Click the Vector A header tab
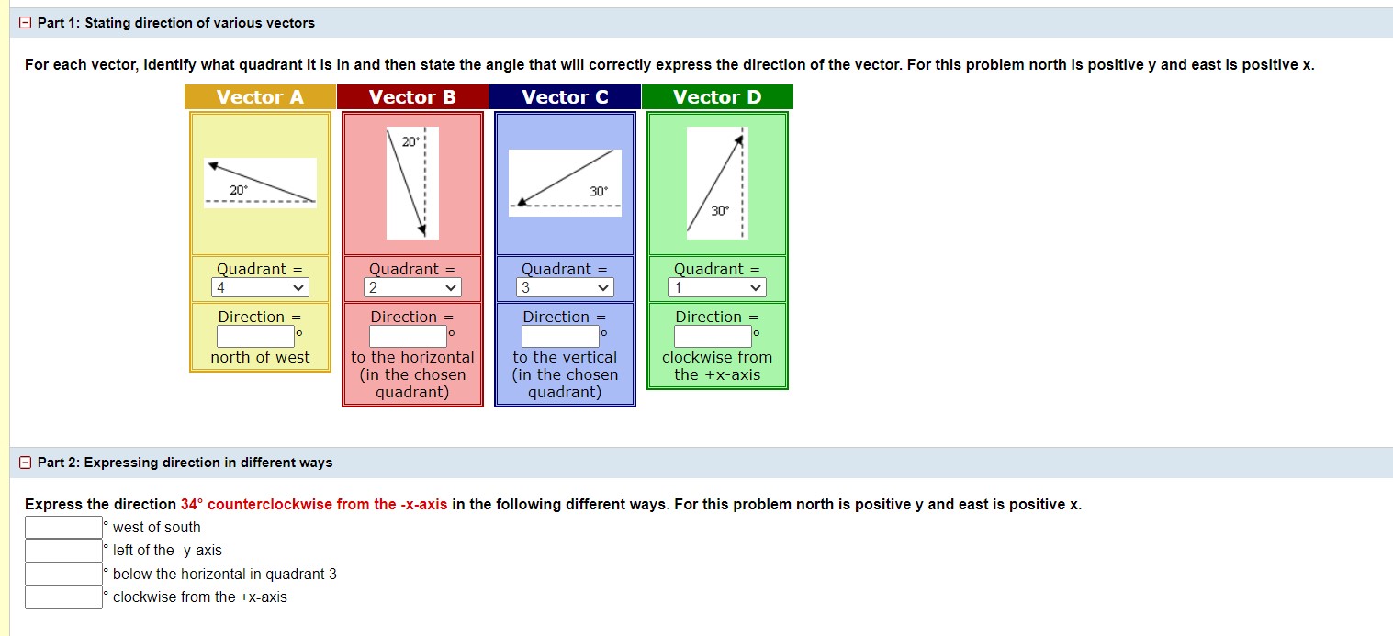(x=260, y=97)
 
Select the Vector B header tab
(x=412, y=97)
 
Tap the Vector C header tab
(x=565, y=97)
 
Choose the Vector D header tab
(x=717, y=97)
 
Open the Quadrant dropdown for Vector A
(x=260, y=288)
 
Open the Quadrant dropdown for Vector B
(x=412, y=288)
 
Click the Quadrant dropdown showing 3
(x=565, y=288)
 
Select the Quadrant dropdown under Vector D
(x=717, y=288)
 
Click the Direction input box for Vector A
(x=255, y=337)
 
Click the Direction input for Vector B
(x=408, y=337)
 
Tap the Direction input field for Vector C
(x=560, y=337)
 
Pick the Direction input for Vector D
(x=713, y=337)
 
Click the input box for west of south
(x=63, y=528)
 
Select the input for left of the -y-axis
(x=63, y=551)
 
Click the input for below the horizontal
(x=63, y=575)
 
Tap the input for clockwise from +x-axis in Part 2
(x=63, y=597)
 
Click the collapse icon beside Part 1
(x=26, y=23)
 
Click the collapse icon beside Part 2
(x=26, y=463)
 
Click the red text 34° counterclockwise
(x=314, y=505)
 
